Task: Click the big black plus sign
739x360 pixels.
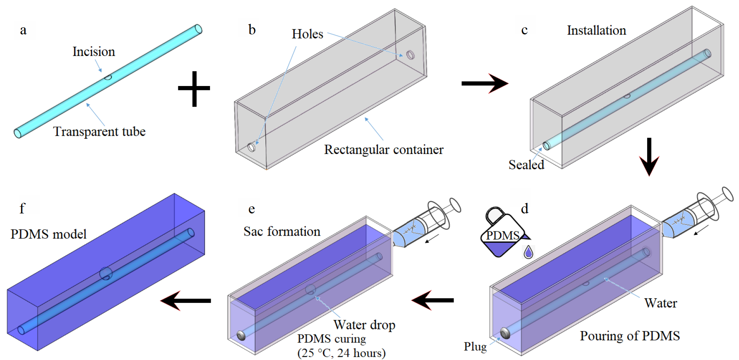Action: pyautogui.click(x=194, y=89)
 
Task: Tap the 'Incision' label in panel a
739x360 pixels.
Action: pyautogui.click(x=94, y=52)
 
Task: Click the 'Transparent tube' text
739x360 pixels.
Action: pyautogui.click(x=99, y=132)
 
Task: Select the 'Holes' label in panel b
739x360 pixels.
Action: pyautogui.click(x=307, y=34)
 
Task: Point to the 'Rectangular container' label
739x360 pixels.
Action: pyautogui.click(x=384, y=150)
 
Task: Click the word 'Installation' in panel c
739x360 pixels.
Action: pyautogui.click(x=596, y=30)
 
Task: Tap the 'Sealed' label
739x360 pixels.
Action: pyautogui.click(x=526, y=165)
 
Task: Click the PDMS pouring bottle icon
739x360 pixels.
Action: pyautogui.click(x=502, y=233)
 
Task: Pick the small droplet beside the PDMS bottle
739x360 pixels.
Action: pyautogui.click(x=528, y=252)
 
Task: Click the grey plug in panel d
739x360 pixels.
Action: pyautogui.click(x=505, y=333)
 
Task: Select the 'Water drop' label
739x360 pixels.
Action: pyautogui.click(x=364, y=325)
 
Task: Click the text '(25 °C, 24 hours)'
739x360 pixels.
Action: pyautogui.click(x=341, y=353)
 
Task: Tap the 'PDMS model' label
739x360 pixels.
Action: pyautogui.click(x=48, y=234)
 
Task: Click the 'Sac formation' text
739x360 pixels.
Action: pyautogui.click(x=282, y=231)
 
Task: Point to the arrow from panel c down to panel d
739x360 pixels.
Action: pyautogui.click(x=649, y=157)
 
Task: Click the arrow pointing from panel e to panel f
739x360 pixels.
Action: pyautogui.click(x=186, y=301)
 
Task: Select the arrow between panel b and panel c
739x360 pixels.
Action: pyautogui.click(x=484, y=83)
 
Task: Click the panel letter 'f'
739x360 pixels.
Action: pyautogui.click(x=22, y=208)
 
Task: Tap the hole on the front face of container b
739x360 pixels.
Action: pyautogui.click(x=251, y=147)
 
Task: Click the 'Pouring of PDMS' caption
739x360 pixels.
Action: pyautogui.click(x=630, y=336)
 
